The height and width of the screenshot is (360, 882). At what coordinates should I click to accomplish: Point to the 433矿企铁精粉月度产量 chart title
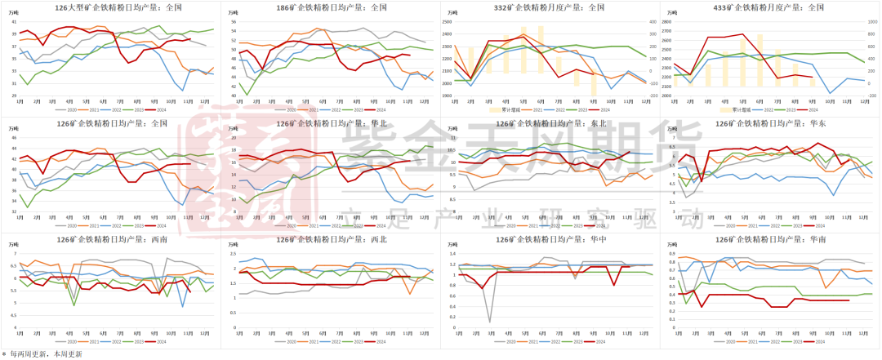click(770, 7)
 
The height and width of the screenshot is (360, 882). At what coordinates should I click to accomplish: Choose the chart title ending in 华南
click(770, 241)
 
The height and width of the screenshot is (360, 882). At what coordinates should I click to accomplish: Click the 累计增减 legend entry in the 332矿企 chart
click(501, 109)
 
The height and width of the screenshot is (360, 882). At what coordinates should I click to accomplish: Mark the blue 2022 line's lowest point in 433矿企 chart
click(831, 94)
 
